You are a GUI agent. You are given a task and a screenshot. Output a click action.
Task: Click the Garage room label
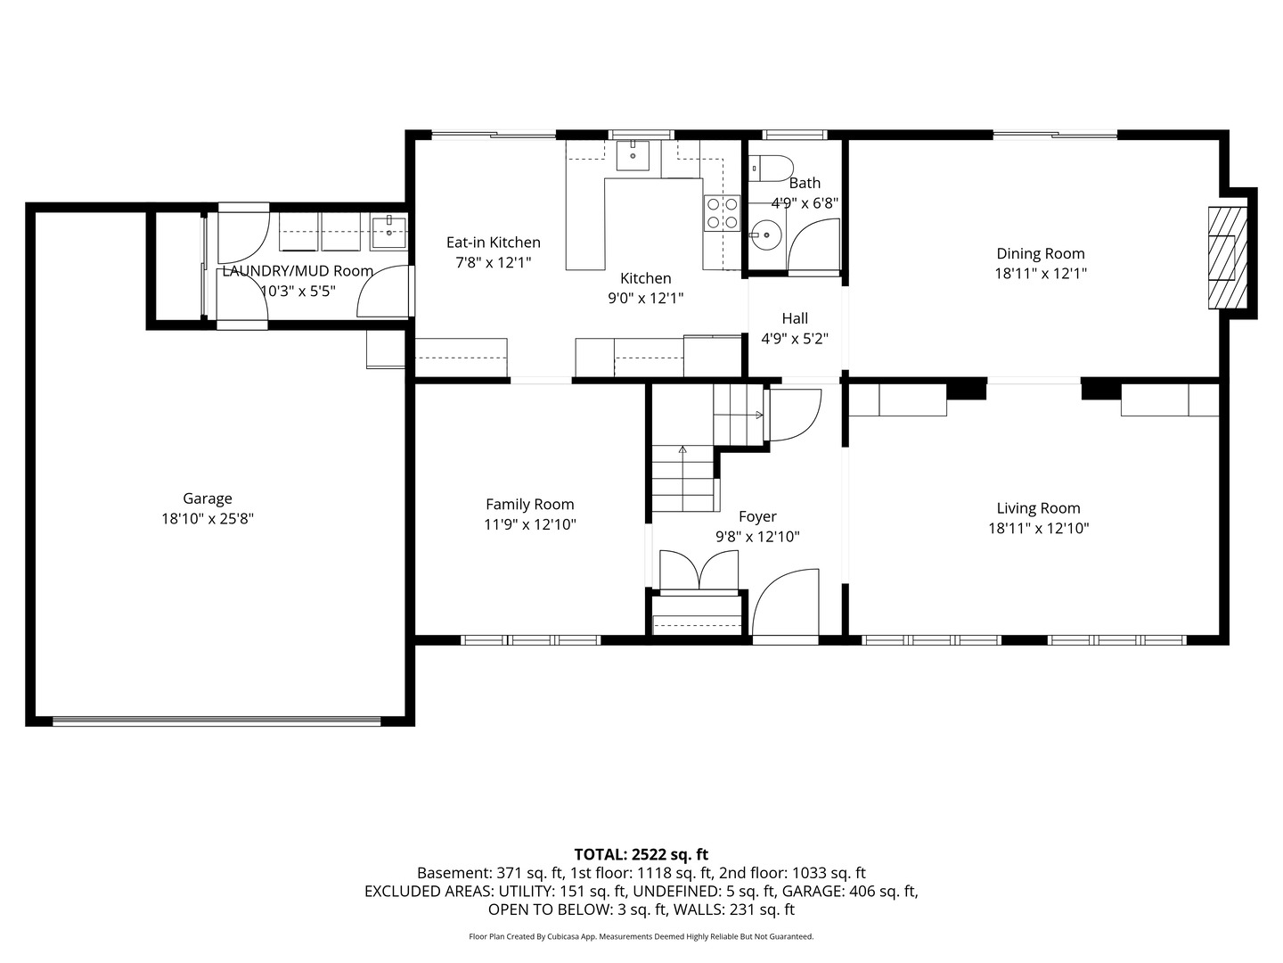208,498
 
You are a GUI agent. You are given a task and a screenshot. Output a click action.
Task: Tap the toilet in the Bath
771,167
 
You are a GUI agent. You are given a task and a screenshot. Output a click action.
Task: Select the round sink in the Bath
765,235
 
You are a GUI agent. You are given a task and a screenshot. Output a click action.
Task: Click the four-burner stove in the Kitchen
722,213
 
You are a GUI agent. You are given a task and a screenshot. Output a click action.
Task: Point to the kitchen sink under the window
633,155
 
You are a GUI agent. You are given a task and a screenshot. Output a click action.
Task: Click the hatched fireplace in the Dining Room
1228,258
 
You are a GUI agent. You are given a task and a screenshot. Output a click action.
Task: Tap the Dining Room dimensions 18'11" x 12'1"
1041,274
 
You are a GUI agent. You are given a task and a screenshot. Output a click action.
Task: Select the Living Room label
1038,508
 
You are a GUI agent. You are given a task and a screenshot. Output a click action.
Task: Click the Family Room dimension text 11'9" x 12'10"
529,524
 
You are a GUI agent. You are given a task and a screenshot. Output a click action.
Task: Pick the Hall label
795,318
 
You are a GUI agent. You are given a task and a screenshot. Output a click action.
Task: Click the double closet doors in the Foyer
699,570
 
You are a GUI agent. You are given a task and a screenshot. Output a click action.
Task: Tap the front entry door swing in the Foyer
786,602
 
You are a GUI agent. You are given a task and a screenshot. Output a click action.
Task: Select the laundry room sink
388,232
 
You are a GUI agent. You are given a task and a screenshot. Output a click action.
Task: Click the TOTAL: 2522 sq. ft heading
641,854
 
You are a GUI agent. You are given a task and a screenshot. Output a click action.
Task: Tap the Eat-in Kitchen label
494,242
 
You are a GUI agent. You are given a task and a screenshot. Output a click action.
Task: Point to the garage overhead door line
217,721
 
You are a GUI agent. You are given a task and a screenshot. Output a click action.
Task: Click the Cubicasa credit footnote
641,936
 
